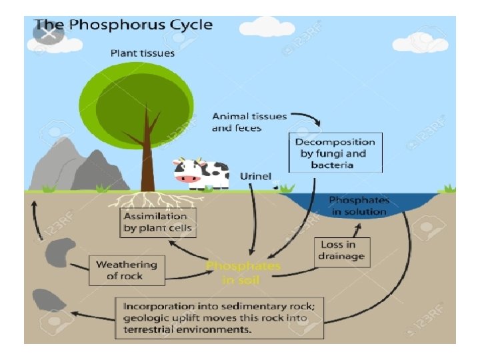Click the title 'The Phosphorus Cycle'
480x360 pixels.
point(123,25)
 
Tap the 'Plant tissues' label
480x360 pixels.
point(143,53)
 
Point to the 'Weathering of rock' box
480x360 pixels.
point(126,270)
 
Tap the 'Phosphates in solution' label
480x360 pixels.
point(358,206)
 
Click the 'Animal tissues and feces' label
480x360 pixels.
point(249,121)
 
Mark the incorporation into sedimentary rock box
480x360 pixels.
point(221,317)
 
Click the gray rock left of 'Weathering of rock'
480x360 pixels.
point(57,253)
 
